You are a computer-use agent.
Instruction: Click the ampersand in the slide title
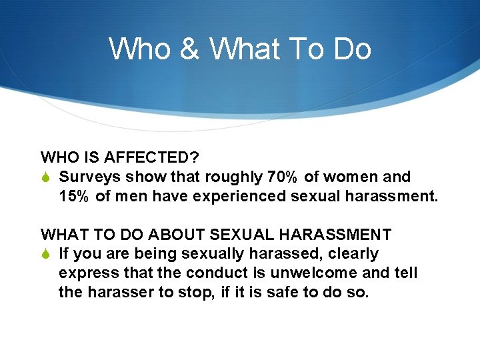[x=190, y=49]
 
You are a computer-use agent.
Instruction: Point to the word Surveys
[x=85, y=177]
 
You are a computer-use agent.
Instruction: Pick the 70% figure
[x=283, y=177]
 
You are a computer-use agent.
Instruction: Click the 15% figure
[x=75, y=197]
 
